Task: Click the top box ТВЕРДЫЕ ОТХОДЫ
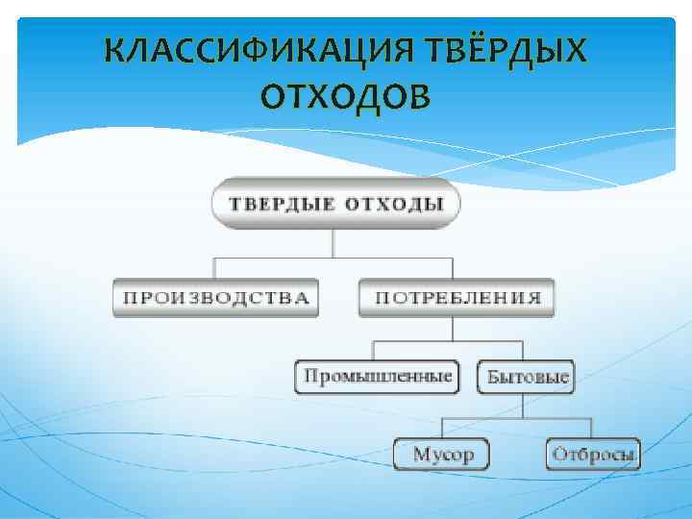pyautogui.click(x=334, y=203)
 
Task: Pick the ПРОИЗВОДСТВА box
pyautogui.click(x=214, y=297)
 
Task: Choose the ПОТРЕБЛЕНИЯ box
pyautogui.click(x=457, y=297)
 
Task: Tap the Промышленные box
pyautogui.click(x=377, y=376)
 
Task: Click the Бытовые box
pyautogui.click(x=528, y=376)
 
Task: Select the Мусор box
pyautogui.click(x=442, y=453)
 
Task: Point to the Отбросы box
pyautogui.click(x=592, y=453)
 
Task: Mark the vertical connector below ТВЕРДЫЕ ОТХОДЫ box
pyautogui.click(x=334, y=240)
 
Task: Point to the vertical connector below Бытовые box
pyautogui.click(x=525, y=405)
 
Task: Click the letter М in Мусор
pyautogui.click(x=420, y=453)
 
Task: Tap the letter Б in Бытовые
pyautogui.click(x=493, y=376)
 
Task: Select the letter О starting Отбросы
pyautogui.click(x=556, y=453)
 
